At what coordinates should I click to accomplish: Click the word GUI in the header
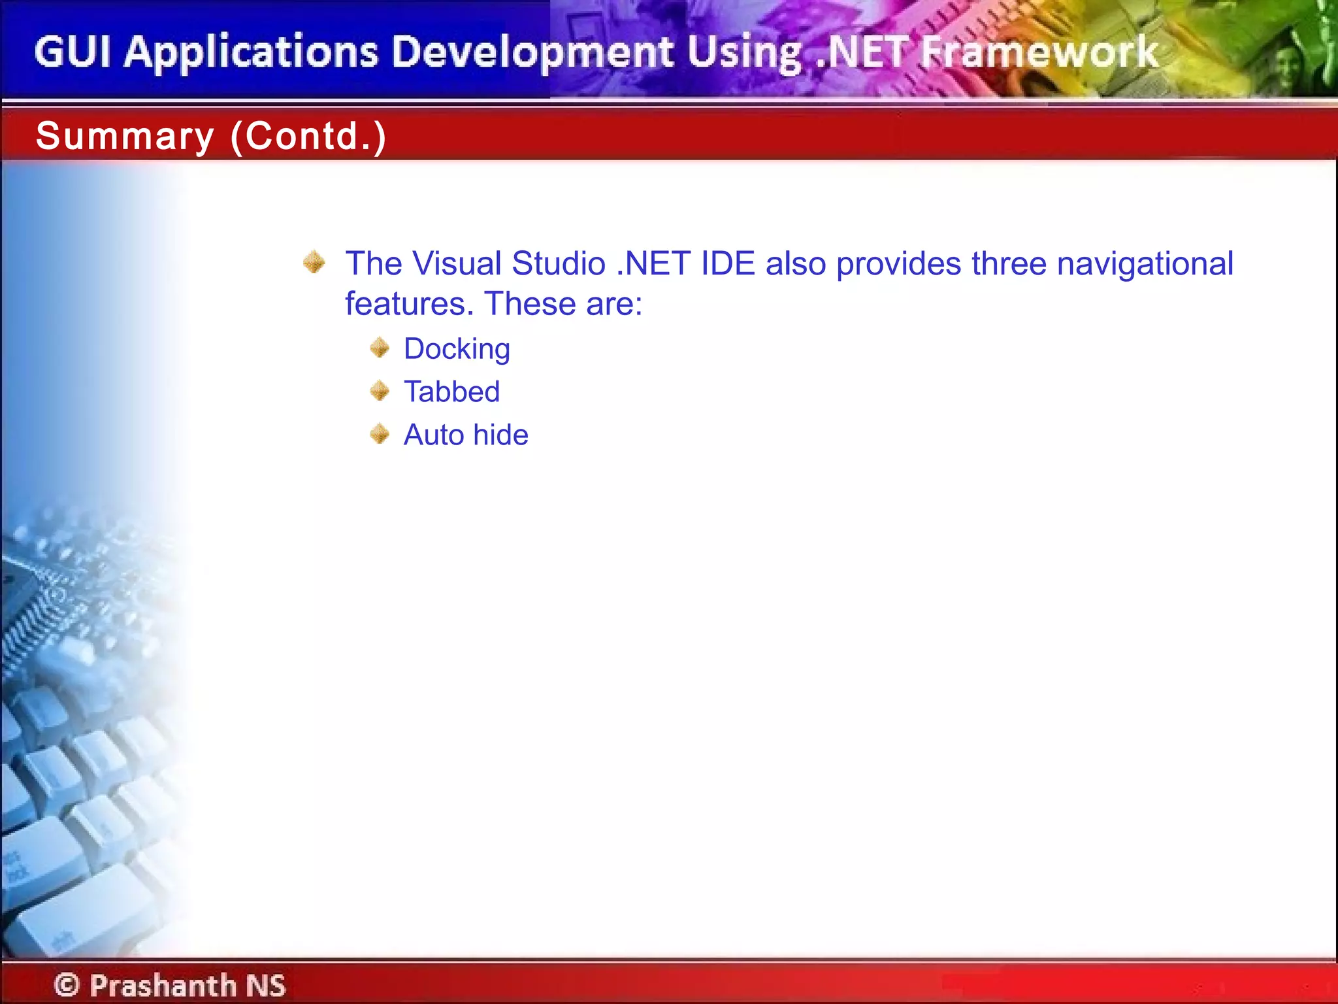point(73,52)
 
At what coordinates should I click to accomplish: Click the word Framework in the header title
point(1039,52)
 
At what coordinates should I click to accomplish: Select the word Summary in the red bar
point(125,137)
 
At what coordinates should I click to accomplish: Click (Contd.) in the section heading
point(308,137)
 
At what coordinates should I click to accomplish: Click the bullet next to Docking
point(380,348)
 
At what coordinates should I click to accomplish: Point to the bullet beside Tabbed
point(380,391)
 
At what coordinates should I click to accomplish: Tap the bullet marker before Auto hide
point(380,434)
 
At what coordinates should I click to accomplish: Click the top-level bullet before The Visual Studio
point(314,262)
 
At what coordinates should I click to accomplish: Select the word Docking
point(457,349)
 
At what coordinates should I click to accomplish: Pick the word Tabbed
point(451,392)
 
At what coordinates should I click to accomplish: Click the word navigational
point(1145,264)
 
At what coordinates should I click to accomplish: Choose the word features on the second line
point(409,304)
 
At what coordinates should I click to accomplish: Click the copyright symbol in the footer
point(67,984)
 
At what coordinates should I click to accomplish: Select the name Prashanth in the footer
point(163,984)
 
